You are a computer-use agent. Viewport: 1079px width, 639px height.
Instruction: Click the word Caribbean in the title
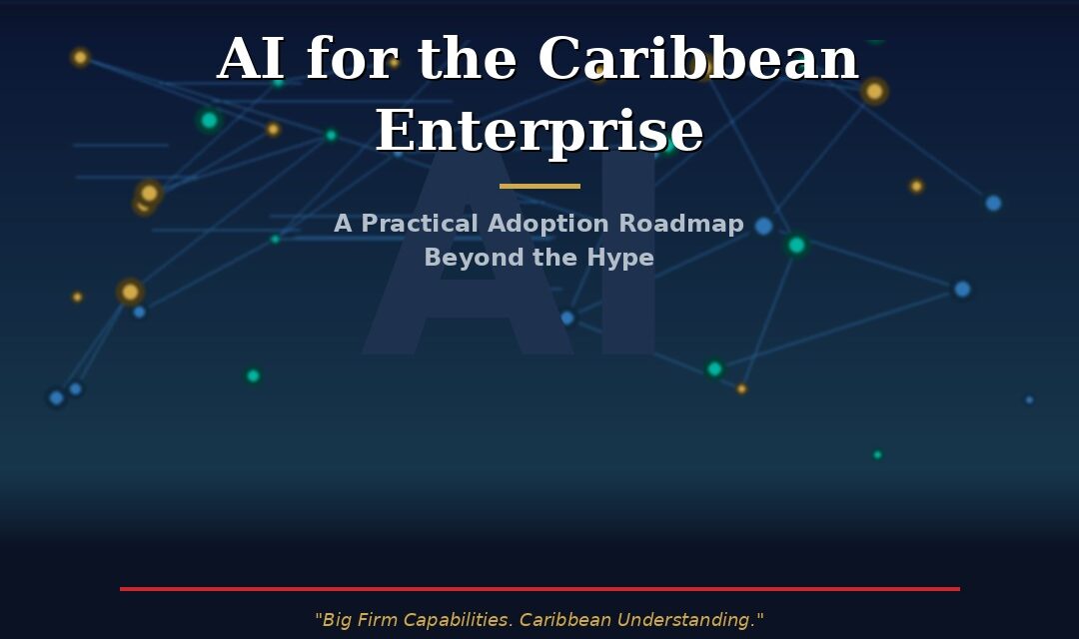click(697, 60)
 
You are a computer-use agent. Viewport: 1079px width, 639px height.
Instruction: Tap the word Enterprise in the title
click(539, 132)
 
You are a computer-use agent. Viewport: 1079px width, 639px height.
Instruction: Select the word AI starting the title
click(250, 60)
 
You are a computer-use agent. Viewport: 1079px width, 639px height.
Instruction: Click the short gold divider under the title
click(539, 186)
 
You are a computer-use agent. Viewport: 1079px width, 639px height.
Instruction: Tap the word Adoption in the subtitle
click(548, 224)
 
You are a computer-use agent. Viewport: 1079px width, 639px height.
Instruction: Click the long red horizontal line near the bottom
click(539, 589)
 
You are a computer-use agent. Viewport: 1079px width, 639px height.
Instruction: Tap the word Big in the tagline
click(339, 620)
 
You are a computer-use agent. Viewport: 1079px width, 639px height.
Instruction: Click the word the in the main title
click(466, 60)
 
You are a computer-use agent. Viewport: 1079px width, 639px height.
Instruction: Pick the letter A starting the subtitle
click(343, 224)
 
